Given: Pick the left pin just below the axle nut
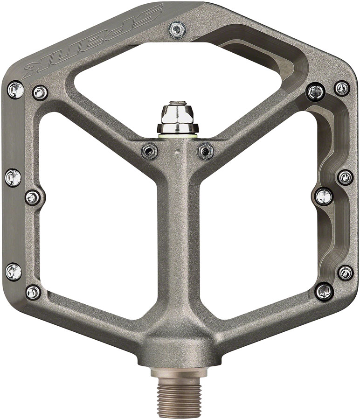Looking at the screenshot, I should tap(149, 150).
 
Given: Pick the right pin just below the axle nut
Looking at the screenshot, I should tap(206, 150).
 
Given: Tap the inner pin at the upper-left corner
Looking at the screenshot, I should tap(40, 92).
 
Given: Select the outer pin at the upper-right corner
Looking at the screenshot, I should tap(342, 88).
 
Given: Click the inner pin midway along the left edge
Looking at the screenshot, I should tap(33, 197).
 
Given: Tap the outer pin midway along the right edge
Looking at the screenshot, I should tap(345, 177).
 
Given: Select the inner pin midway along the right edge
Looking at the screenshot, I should tap(324, 196).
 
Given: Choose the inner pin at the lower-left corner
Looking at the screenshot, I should tap(33, 292).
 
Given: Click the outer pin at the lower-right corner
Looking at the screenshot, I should tap(345, 273).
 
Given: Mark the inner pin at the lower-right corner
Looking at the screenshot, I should tap(324, 292).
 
